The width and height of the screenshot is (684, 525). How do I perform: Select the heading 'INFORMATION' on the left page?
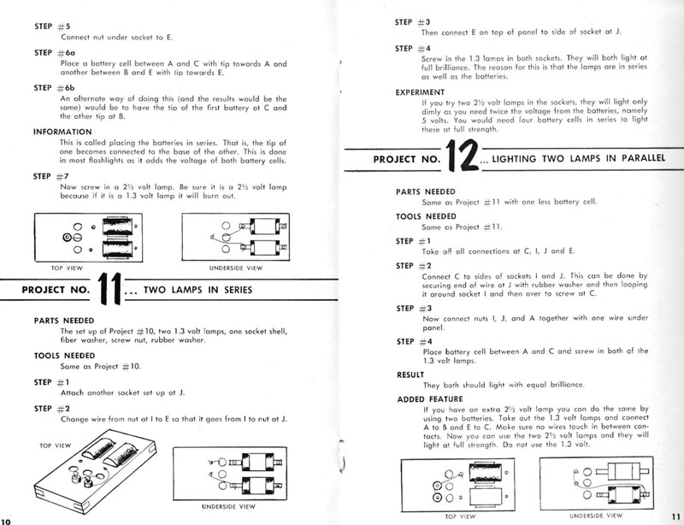pyautogui.click(x=62, y=132)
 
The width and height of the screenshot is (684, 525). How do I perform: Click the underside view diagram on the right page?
pyautogui.click(x=594, y=482)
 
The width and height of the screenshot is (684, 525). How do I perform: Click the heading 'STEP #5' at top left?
pyautogui.click(x=48, y=27)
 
